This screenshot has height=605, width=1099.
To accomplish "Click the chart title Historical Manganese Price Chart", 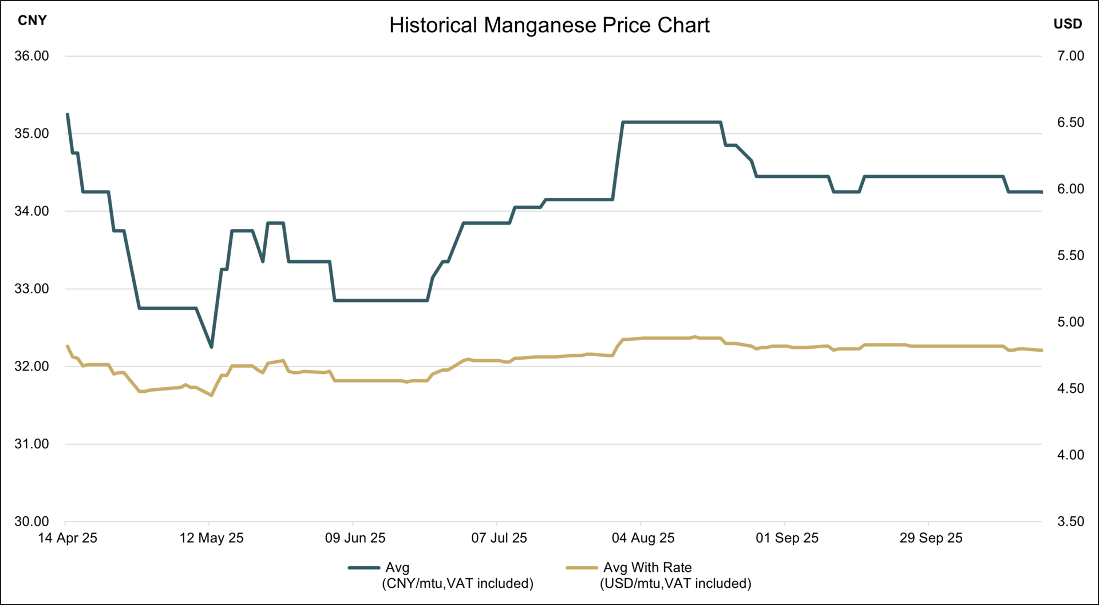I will click(x=549, y=25).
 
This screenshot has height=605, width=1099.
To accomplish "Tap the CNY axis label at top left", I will click(x=32, y=21).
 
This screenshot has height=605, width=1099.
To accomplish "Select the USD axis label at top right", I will click(x=1068, y=24).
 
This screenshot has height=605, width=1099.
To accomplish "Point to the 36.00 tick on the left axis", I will click(x=31, y=56).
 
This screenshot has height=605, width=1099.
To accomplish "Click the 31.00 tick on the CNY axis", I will click(x=31, y=444).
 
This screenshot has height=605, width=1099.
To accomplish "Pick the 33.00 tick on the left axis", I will click(x=31, y=289).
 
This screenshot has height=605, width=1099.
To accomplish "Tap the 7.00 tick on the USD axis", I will click(x=1070, y=56).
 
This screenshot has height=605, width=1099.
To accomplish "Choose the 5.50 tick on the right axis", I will click(x=1070, y=256).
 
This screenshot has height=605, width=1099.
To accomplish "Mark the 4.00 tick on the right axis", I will click(x=1070, y=455).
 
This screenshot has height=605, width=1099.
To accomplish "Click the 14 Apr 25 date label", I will click(x=68, y=538).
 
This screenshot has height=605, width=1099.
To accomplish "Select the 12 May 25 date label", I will click(x=211, y=538).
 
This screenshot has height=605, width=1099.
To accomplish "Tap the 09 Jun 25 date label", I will click(x=355, y=538).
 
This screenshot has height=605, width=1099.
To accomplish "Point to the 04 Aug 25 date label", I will click(x=643, y=538).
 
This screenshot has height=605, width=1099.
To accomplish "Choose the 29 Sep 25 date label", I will click(x=931, y=538).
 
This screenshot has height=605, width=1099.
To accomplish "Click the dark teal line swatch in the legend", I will click(x=364, y=568).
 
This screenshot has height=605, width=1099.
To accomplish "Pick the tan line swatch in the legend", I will click(x=582, y=568).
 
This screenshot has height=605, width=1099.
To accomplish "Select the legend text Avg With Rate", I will click(x=647, y=568).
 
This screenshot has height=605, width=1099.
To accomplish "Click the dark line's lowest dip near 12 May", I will click(x=211, y=347).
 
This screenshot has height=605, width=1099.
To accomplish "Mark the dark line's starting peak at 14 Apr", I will click(x=68, y=114).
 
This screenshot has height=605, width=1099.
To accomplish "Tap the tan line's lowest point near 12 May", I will click(x=211, y=395).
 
